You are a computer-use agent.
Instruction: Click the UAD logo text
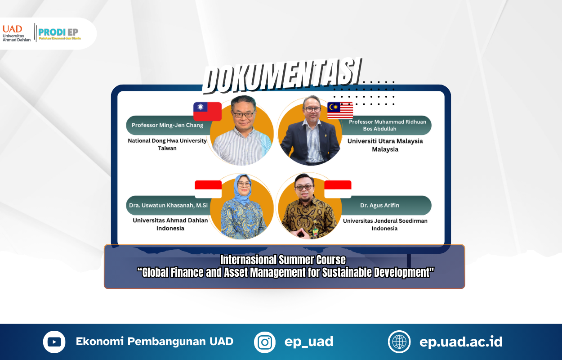[x=13, y=29]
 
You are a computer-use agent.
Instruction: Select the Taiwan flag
[x=207, y=111]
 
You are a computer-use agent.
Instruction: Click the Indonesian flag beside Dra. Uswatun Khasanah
[x=208, y=189]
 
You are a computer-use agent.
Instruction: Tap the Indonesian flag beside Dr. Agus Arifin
[x=338, y=189]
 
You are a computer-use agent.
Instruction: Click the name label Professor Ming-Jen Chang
[x=167, y=125]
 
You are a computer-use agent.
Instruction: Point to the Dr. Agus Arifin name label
[x=379, y=205]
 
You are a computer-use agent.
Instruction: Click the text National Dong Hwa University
[x=167, y=141]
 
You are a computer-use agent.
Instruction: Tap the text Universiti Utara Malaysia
[x=385, y=141]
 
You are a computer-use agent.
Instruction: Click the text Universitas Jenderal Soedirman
[x=385, y=221]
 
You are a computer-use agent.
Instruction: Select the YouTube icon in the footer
[x=54, y=342]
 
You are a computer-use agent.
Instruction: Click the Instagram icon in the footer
[x=265, y=342]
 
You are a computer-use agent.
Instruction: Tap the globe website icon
[x=399, y=342]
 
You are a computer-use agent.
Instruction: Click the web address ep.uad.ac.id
[x=461, y=342]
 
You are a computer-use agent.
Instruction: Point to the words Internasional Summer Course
[x=283, y=260]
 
